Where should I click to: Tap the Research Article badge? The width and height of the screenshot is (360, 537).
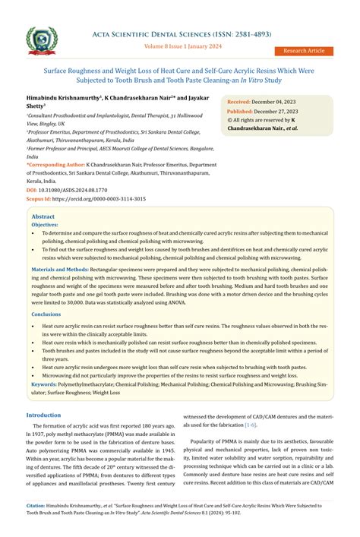[304, 51]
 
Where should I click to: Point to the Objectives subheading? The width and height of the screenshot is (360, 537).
[45, 226]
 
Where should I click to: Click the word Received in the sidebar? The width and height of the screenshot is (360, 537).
[238, 101]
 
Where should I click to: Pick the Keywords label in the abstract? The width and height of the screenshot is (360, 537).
[48, 384]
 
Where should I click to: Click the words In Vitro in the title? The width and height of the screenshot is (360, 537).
[272, 80]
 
